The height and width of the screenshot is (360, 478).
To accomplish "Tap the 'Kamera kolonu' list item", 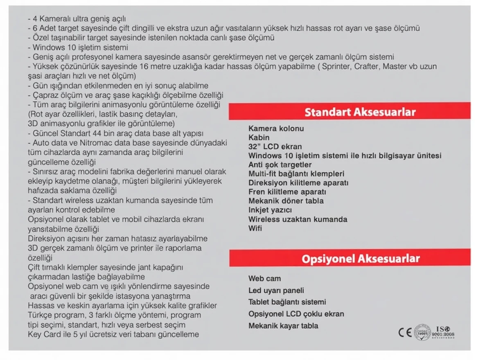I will pyautogui.click(x=276, y=128).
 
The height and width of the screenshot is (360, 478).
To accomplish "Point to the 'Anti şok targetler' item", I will pyautogui.click(x=280, y=164).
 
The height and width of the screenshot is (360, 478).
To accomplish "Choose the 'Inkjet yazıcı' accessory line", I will pyautogui.click(x=270, y=210).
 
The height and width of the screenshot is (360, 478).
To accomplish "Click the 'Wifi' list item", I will pyautogui.click(x=255, y=228).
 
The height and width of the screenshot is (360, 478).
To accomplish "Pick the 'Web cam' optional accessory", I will pyautogui.click(x=264, y=279).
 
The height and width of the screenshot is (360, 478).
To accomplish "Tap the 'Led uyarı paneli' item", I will pyautogui.click(x=276, y=290).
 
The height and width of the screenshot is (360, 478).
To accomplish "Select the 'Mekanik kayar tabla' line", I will pyautogui.click(x=283, y=326).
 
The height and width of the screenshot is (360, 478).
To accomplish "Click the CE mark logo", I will pyautogui.click(x=405, y=332).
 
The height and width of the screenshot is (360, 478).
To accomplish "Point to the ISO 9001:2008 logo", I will pyautogui.click(x=442, y=332).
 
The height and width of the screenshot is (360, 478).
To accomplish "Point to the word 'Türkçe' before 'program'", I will pyautogui.click(x=39, y=315).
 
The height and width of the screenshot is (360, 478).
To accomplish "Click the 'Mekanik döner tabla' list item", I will pyautogui.click(x=286, y=201).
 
